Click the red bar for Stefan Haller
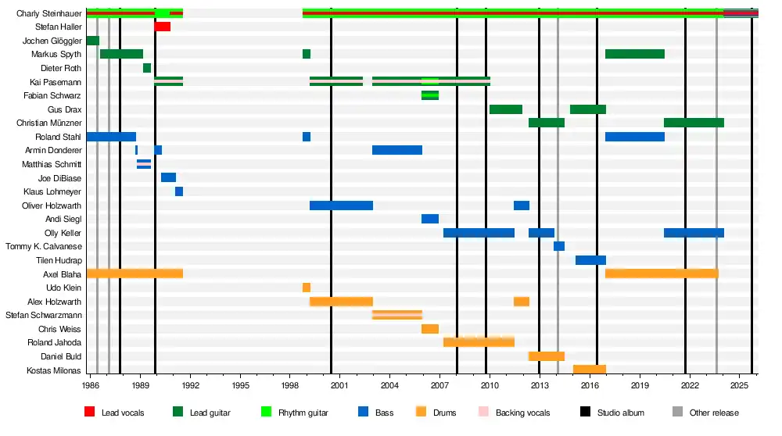(163, 27)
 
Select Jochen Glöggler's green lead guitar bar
(93, 41)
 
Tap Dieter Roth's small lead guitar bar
(147, 68)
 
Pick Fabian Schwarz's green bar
(430, 95)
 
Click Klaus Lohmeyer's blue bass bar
(179, 192)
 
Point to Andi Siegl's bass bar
(430, 220)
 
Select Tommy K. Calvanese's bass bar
(559, 247)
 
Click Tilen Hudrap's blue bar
(591, 261)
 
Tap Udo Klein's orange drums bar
(307, 288)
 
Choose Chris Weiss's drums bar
(430, 330)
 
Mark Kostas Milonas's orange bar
(590, 370)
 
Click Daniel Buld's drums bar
(547, 357)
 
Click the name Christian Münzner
(48, 123)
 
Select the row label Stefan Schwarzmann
(44, 316)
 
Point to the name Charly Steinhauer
(48, 13)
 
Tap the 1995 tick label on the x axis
(240, 385)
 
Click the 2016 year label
(590, 385)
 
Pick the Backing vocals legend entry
(515, 413)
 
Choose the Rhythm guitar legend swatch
(267, 412)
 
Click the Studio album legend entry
(612, 413)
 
